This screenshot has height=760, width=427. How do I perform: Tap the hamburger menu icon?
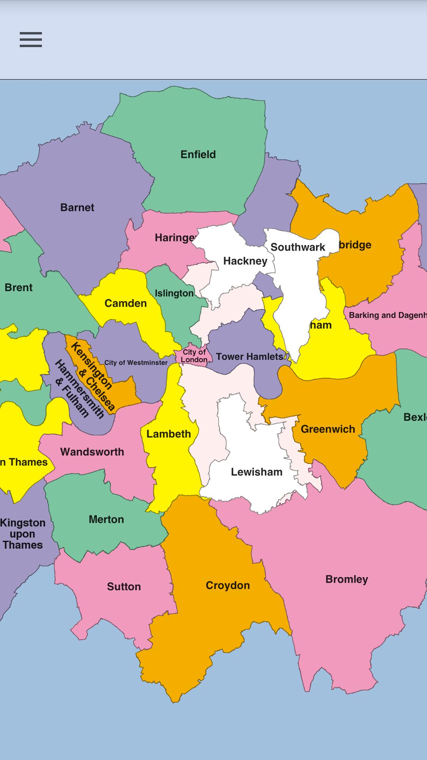[31, 40]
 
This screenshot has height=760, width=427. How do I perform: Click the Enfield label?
[198, 154]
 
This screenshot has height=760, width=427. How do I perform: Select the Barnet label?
[77, 207]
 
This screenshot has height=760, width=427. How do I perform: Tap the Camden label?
[125, 303]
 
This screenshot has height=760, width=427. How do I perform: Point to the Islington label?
[174, 293]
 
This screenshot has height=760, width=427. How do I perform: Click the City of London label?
[194, 356]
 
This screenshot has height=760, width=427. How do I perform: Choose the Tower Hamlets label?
[249, 357]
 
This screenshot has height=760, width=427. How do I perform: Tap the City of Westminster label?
[136, 363]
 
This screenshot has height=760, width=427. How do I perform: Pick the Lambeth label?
[168, 434]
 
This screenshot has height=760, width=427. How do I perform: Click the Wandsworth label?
[92, 452]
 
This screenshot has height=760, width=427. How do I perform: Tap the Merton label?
[106, 519]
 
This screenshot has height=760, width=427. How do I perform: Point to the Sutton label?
[124, 587]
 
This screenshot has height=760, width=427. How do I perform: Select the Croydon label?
[228, 585]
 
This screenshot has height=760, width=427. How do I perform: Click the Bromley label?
[347, 579]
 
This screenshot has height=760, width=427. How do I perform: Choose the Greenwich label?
[328, 429]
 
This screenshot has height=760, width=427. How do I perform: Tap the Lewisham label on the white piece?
[257, 472]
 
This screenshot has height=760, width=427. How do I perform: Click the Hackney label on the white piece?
[245, 261]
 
